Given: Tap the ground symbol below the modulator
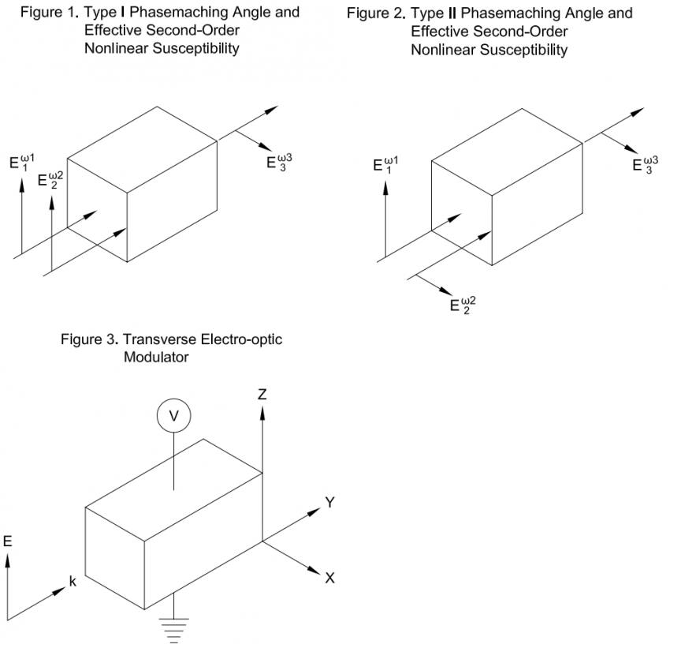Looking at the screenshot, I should click(173, 630).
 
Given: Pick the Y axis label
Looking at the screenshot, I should click(330, 501).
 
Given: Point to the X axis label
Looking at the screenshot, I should click(329, 578).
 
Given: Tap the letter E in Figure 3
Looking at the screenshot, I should click(8, 541).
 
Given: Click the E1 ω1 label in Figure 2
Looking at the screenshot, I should click(385, 165).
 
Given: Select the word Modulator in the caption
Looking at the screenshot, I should click(157, 358).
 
